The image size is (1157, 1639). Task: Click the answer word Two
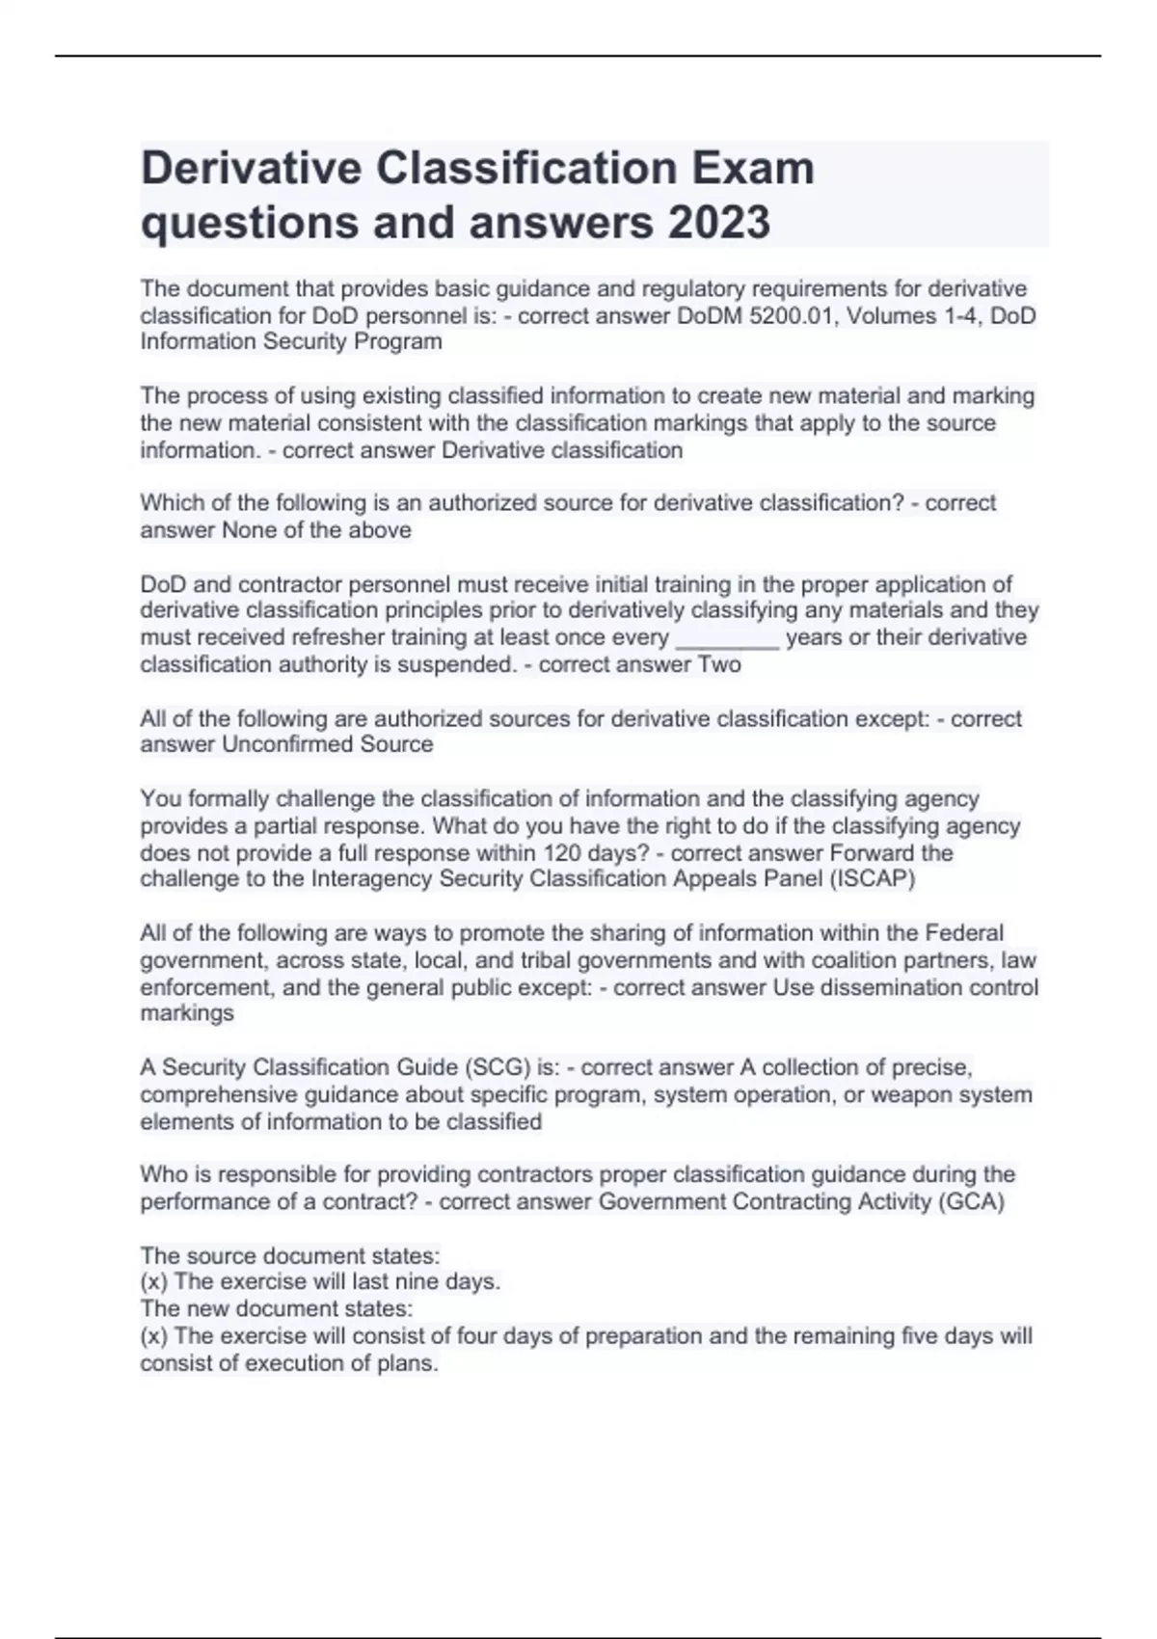pos(719,664)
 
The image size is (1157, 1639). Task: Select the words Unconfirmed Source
pos(328,744)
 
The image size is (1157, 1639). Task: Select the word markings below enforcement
pos(187,1013)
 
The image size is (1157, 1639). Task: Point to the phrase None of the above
pos(317,530)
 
